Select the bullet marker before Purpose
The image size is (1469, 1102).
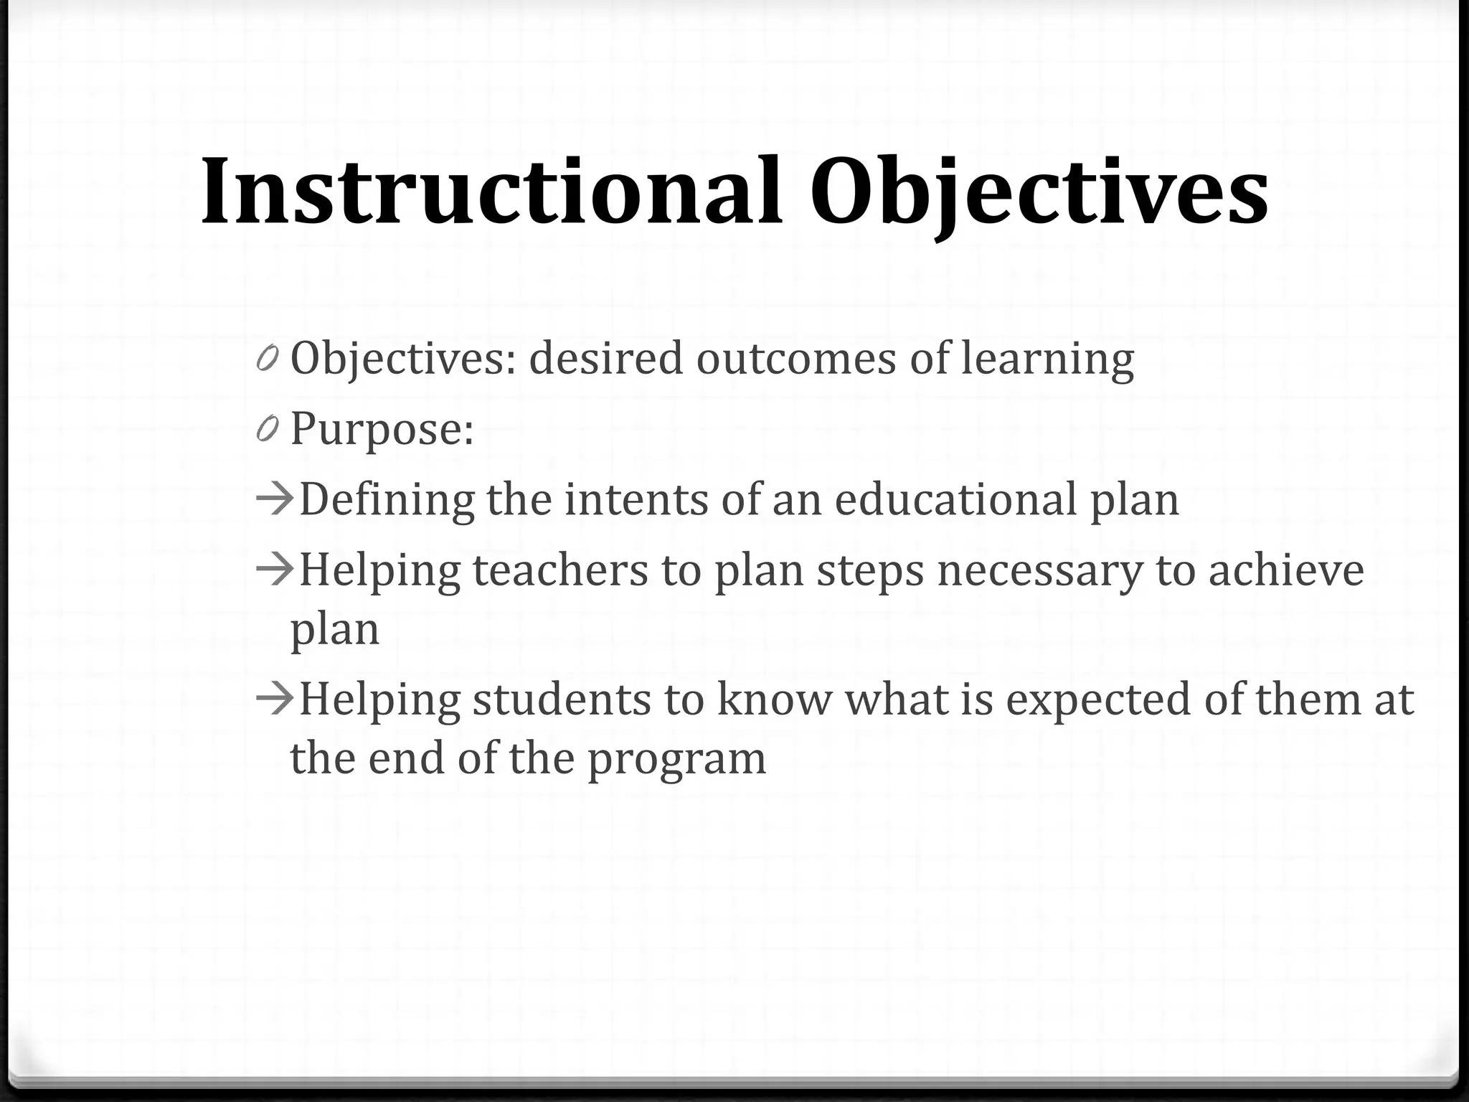[x=267, y=429]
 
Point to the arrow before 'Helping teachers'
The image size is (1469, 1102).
[x=275, y=569]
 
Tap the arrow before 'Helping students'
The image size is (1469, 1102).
[x=275, y=697]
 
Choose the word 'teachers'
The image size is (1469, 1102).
[x=560, y=570]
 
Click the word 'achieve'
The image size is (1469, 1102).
[x=1285, y=570]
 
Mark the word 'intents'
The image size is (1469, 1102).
[x=636, y=499]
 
